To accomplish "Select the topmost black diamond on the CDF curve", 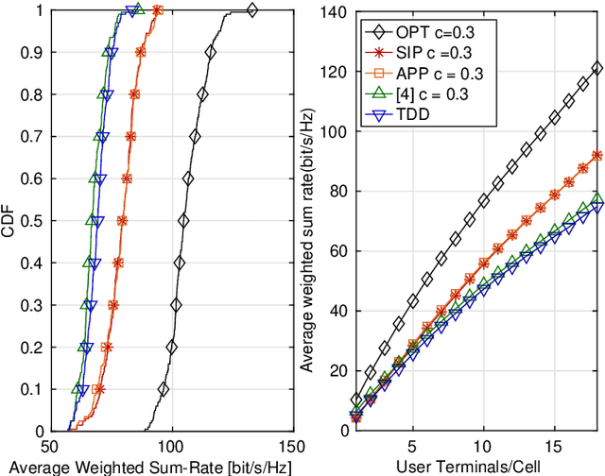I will coord(251,10).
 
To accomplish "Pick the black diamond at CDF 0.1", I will coord(164,389).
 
